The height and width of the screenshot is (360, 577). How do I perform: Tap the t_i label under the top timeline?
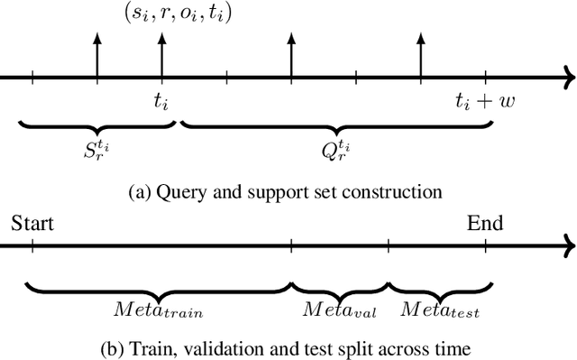point(161,102)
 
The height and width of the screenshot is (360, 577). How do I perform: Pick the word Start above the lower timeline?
point(32,223)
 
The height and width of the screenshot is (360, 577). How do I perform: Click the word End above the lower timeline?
point(485,223)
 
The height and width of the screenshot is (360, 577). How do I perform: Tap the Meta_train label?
point(159,311)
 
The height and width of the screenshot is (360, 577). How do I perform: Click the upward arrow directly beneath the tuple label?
point(161,54)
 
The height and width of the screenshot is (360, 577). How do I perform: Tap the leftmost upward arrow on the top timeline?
point(96,54)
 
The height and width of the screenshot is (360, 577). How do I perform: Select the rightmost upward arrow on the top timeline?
point(421,54)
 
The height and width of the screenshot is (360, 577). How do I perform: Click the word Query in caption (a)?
point(189,191)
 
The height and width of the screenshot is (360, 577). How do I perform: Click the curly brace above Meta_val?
point(339,289)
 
